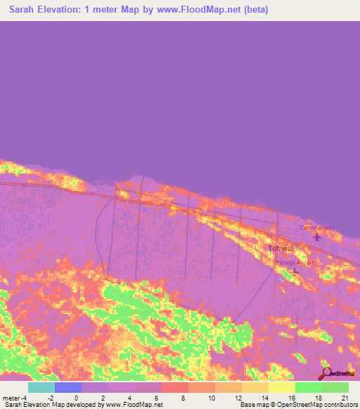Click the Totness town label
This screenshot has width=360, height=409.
(281, 249)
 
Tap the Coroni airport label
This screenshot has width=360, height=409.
(317, 228)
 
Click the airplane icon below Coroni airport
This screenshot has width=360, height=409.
(316, 236)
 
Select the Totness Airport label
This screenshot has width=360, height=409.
(295, 262)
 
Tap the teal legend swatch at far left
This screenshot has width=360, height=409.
(41, 387)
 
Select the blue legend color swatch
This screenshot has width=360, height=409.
(68, 387)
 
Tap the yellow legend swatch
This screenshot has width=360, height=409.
(281, 387)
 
